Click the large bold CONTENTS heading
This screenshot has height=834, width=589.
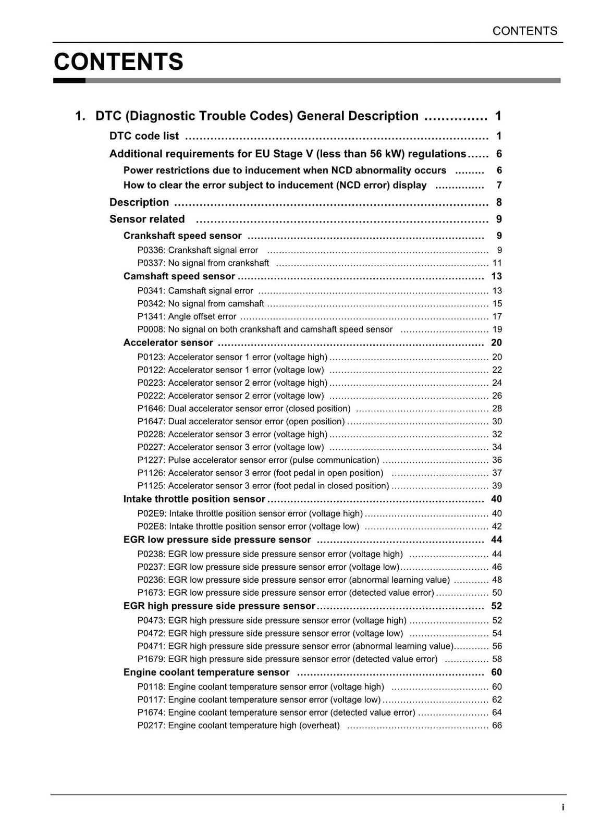coord(118,62)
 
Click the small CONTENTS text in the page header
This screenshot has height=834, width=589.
coord(524,31)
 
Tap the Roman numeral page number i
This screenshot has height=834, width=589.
coord(563,807)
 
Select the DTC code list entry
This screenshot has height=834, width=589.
coord(144,136)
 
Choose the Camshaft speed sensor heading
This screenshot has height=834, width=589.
coord(179,276)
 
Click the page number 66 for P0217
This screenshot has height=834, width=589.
coord(497,726)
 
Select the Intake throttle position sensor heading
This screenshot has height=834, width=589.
coord(194,499)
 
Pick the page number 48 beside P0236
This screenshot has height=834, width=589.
coord(497,580)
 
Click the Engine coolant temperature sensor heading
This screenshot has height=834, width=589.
coord(206,672)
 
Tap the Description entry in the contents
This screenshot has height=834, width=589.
coord(139,202)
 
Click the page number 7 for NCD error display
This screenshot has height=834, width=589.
coord(499,186)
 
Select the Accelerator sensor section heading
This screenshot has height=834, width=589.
coord(168,342)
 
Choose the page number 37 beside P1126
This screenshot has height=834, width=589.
coord(497,473)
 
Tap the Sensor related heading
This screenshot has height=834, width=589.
coord(147,219)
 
